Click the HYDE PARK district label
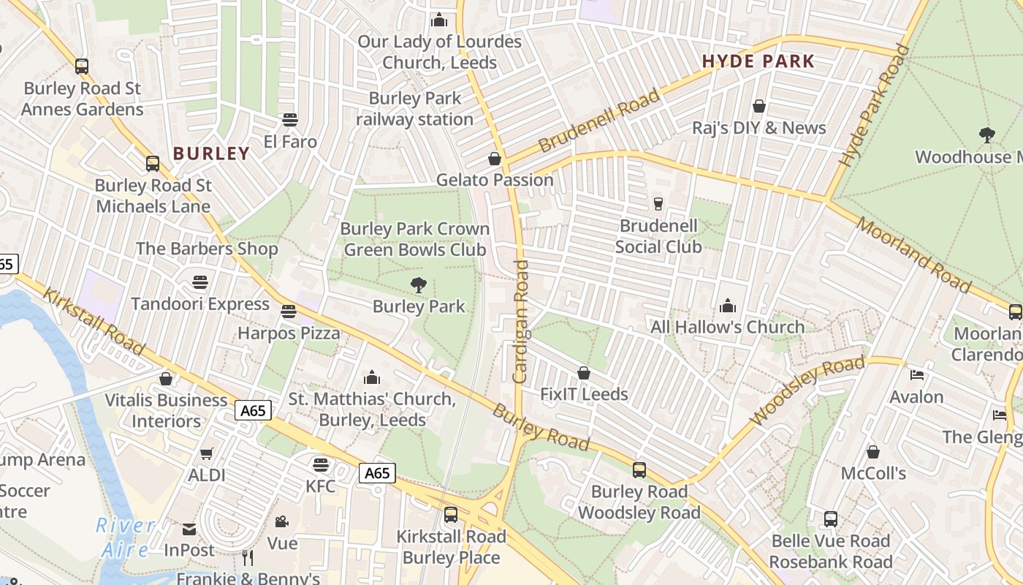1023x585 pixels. tap(758, 61)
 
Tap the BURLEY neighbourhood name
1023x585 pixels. tap(211, 154)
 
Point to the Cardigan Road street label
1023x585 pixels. tap(520, 322)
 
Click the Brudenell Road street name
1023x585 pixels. tap(598, 121)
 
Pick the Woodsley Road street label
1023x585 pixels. tap(807, 390)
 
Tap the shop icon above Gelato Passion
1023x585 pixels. tap(495, 159)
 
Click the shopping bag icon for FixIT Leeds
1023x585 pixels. tap(583, 374)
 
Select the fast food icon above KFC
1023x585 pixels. tap(320, 464)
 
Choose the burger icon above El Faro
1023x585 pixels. tap(290, 120)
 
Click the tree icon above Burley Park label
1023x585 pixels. tap(419, 285)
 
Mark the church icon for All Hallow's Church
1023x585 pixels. tap(727, 306)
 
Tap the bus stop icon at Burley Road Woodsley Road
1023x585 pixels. tap(639, 470)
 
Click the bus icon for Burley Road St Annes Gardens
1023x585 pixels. tap(82, 67)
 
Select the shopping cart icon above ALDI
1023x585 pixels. tap(207, 453)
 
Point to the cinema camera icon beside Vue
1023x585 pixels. tap(281, 521)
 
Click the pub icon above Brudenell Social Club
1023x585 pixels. tap(658, 204)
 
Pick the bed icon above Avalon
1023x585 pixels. tap(917, 375)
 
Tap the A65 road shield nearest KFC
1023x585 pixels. tap(377, 473)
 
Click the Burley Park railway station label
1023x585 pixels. tap(414, 109)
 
